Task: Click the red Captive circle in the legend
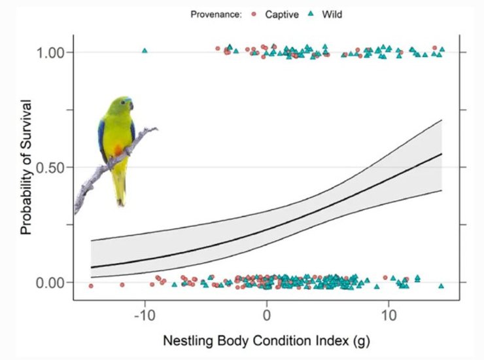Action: (252, 14)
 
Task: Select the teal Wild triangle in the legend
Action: (314, 14)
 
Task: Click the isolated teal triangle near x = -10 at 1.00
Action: (145, 50)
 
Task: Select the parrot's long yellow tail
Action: (120, 187)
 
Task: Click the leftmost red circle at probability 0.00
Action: (91, 286)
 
